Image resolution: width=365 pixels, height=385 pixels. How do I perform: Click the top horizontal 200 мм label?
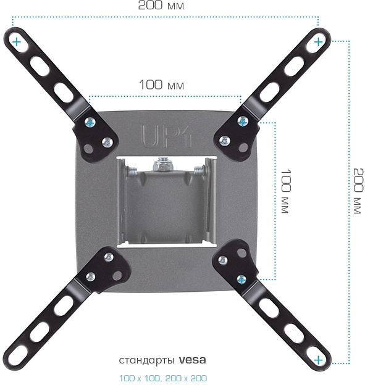point(161,6)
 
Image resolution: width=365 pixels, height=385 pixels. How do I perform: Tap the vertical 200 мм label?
point(356,190)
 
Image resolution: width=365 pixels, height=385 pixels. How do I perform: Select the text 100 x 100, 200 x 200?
point(163,378)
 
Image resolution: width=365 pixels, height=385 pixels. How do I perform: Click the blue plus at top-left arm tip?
point(15,42)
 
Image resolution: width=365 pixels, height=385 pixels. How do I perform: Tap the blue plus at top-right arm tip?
point(317,42)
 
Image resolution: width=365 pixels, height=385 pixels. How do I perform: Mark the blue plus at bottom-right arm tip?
point(318,360)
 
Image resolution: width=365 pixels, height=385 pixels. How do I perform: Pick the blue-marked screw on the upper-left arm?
point(90,122)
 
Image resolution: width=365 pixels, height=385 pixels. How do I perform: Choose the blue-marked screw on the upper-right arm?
point(243,121)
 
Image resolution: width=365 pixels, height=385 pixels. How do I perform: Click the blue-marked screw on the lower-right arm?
point(241,279)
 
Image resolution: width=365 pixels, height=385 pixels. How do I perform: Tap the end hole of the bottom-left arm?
point(19,355)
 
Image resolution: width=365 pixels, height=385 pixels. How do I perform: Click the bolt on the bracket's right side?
point(199,170)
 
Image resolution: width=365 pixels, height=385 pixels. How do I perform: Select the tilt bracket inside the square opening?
point(166,204)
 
